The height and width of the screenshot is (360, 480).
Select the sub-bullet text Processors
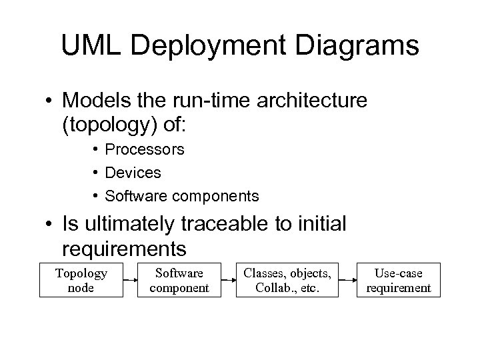[x=145, y=149]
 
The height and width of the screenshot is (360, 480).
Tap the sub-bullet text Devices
[x=133, y=173]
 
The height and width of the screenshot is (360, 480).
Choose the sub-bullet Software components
[x=182, y=196]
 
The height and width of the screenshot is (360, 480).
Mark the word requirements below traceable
[x=123, y=249]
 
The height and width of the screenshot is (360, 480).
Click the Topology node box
[x=81, y=281]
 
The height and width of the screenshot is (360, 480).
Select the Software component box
[x=179, y=281]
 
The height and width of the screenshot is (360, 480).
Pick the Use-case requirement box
[x=397, y=281]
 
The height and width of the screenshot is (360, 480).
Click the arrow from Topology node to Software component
[x=131, y=281]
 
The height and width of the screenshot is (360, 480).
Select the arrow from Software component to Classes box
[x=228, y=281]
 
